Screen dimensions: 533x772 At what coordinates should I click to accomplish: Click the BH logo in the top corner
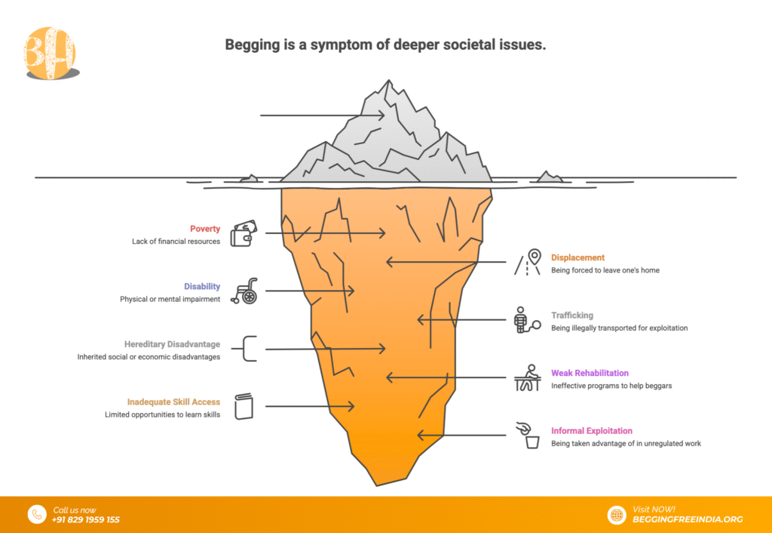click(x=51, y=53)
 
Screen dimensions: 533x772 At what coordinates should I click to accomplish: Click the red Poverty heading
click(x=205, y=229)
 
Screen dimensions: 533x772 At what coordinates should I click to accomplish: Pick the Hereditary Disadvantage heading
click(x=172, y=344)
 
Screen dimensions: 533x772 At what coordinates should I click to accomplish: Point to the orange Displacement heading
click(x=577, y=257)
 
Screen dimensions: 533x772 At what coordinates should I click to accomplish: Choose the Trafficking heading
click(x=571, y=316)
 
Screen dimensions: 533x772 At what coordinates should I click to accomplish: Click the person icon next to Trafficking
click(x=525, y=320)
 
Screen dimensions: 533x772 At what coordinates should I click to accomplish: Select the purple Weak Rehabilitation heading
click(x=590, y=373)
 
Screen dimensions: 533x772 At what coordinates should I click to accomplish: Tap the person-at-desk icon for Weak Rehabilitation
click(x=528, y=377)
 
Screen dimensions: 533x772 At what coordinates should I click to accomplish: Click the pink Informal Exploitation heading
click(x=591, y=431)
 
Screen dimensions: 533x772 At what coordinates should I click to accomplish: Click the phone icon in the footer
click(x=37, y=514)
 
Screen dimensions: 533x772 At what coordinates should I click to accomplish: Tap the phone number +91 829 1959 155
click(x=86, y=519)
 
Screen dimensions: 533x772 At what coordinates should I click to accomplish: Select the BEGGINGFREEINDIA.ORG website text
click(x=688, y=519)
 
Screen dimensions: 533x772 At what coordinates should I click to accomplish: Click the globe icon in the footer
click(x=617, y=514)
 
